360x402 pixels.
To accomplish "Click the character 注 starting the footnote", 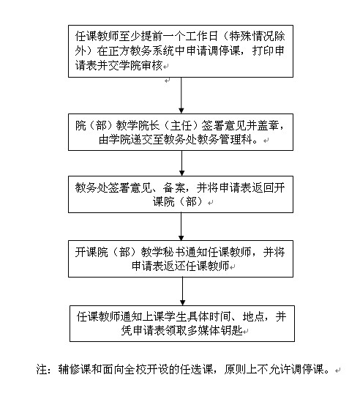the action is (x=42, y=370).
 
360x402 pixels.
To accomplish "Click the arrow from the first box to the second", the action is (x=181, y=95).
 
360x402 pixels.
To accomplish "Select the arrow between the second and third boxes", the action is (x=181, y=163).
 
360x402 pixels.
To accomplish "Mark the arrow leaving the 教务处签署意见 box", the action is (x=181, y=226).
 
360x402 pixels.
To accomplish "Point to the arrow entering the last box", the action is (x=182, y=291).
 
